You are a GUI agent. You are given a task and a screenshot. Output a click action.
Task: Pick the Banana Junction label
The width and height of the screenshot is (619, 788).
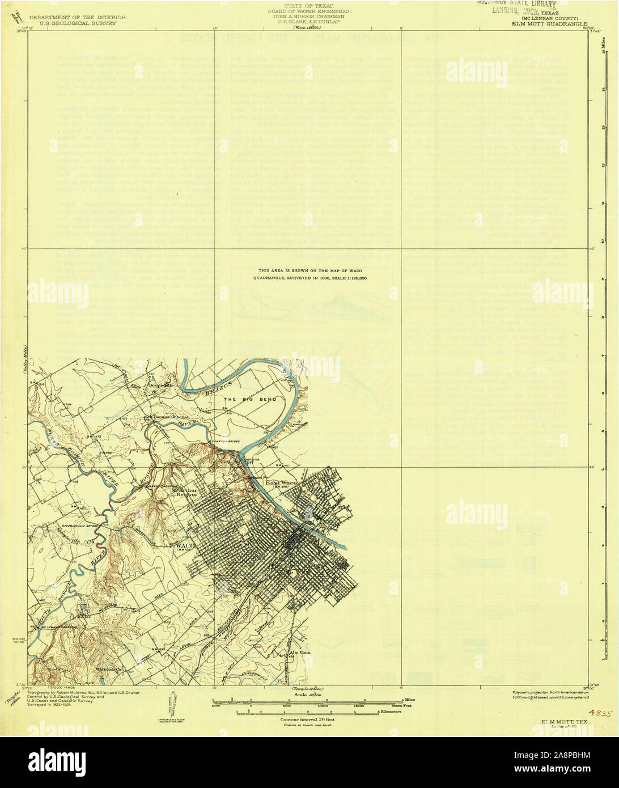pyautogui.click(x=171, y=417)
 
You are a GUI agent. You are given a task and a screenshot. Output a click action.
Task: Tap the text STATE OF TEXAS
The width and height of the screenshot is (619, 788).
pyautogui.click(x=309, y=6)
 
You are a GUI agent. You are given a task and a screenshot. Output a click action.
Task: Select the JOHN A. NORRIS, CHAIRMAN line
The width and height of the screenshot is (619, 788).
pyautogui.click(x=309, y=16)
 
